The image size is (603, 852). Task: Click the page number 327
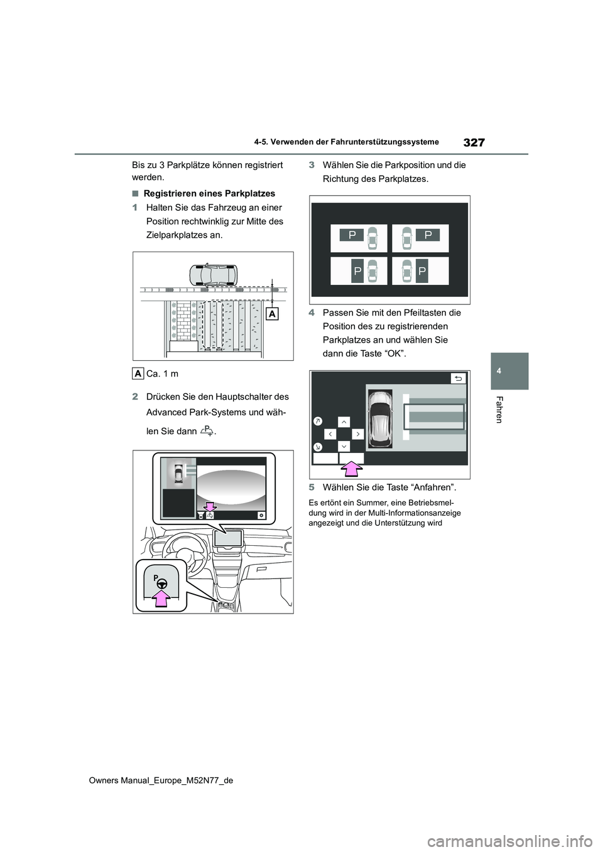474,142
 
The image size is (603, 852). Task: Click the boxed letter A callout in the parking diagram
272,314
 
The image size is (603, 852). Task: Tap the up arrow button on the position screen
344,422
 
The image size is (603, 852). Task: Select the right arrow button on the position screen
358,434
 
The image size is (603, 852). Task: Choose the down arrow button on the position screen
344,446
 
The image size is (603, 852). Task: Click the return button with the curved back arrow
459,378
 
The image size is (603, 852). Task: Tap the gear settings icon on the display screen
261,515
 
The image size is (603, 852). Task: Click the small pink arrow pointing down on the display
209,507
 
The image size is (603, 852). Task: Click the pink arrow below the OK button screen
351,469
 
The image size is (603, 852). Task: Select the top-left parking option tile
359,238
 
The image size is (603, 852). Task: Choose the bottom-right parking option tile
420,271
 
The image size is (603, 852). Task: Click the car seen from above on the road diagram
213,275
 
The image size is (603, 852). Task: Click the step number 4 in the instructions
312,312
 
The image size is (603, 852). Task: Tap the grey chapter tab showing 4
509,371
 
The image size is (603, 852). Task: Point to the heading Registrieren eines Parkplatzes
209,194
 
